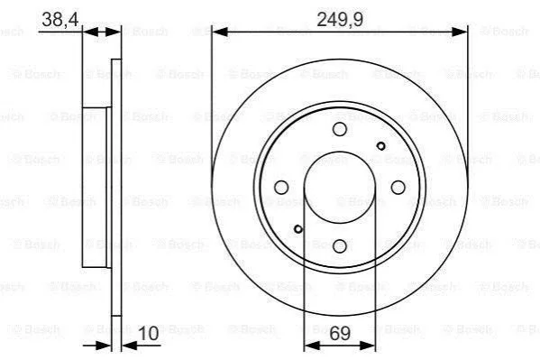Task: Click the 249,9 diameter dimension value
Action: click(x=340, y=19)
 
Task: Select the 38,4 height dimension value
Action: click(x=60, y=19)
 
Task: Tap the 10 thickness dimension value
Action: click(x=149, y=333)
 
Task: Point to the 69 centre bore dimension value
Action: click(x=340, y=333)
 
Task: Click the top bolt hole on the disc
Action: click(x=340, y=129)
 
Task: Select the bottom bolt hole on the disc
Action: click(x=340, y=245)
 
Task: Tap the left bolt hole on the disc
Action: click(x=281, y=188)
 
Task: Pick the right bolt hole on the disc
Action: click(x=398, y=188)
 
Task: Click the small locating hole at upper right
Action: click(x=381, y=146)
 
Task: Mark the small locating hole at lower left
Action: click(x=298, y=229)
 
